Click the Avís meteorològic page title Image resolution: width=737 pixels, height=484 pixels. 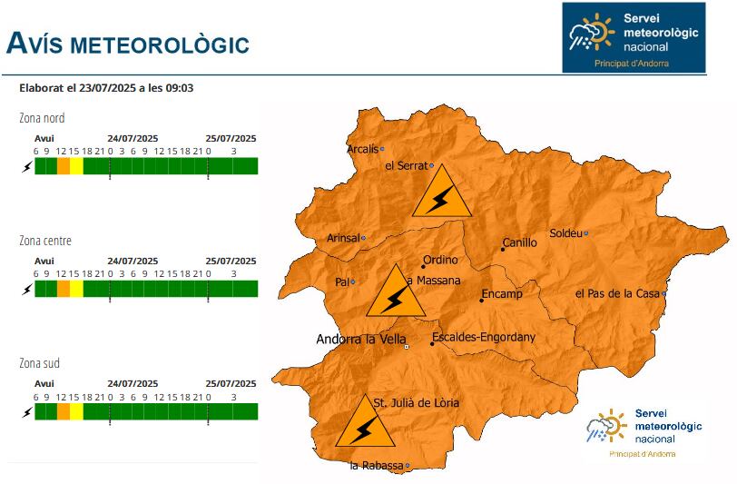pyautogui.click(x=127, y=43)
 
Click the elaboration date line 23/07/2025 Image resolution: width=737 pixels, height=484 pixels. pyautogui.click(x=106, y=88)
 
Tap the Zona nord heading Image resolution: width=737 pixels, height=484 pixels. pyautogui.click(x=42, y=118)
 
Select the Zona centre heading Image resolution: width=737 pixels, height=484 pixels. pyautogui.click(x=45, y=241)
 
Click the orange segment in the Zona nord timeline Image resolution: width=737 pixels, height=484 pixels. pyautogui.click(x=63, y=166)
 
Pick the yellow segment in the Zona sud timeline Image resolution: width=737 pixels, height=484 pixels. pyautogui.click(x=76, y=411)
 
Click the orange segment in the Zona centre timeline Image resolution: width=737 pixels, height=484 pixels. pyautogui.click(x=63, y=289)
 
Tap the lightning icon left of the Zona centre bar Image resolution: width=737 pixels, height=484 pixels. pyautogui.click(x=26, y=289)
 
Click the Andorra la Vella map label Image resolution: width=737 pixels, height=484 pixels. pyautogui.click(x=360, y=340)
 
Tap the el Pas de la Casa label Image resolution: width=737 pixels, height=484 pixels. pyautogui.click(x=617, y=293)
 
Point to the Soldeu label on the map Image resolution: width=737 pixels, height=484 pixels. pyautogui.click(x=565, y=233)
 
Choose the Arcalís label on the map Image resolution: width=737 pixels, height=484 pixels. pyautogui.click(x=362, y=149)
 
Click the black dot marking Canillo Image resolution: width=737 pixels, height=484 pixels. pyautogui.click(x=503, y=249)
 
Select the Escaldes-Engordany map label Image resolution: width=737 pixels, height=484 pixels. pyautogui.click(x=484, y=338)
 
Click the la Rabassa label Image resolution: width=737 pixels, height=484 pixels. pyautogui.click(x=376, y=466)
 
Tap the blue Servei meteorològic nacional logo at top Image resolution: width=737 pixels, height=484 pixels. pyautogui.click(x=633, y=37)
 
